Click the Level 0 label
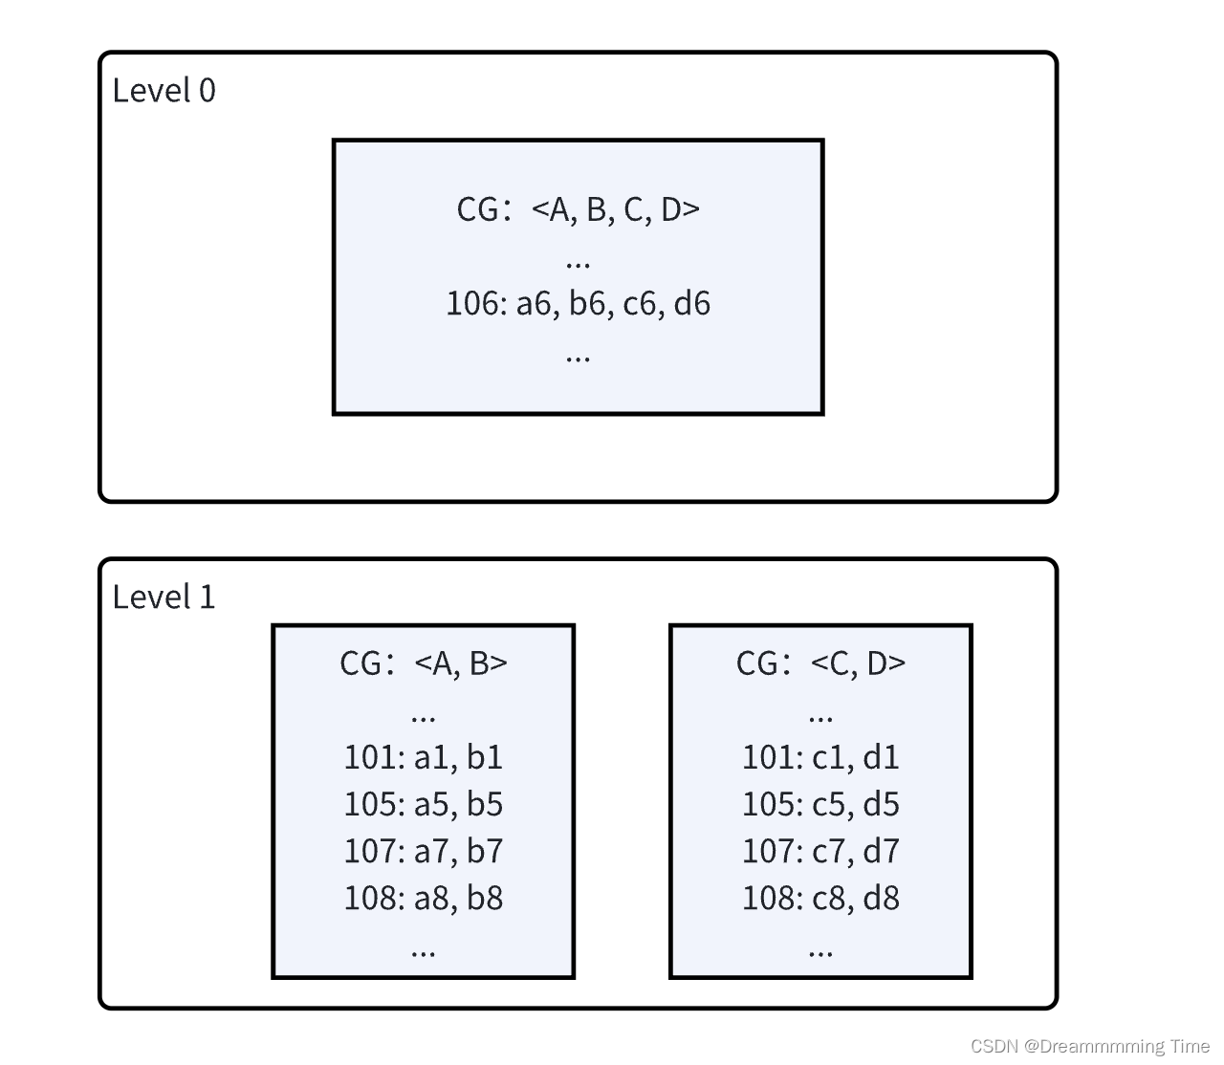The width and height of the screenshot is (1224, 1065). (164, 91)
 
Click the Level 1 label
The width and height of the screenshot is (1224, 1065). (164, 598)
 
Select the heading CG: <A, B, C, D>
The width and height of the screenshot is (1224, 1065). (578, 209)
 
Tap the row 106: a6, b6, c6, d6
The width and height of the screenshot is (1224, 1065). (578, 304)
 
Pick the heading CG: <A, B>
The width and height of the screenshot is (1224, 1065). (423, 663)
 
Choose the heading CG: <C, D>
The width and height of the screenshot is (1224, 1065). (820, 663)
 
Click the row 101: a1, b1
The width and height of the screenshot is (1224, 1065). (423, 757)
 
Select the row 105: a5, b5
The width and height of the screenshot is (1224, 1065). (423, 804)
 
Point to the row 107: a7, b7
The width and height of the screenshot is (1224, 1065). (423, 851)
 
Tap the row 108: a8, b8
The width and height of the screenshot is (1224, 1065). (423, 898)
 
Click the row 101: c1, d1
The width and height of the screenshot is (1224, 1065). (820, 757)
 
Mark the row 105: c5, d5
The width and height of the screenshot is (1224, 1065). (820, 804)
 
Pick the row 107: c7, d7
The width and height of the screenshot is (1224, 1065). (820, 851)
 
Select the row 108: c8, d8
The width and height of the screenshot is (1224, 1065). (820, 898)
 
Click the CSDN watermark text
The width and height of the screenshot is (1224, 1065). (1090, 1046)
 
